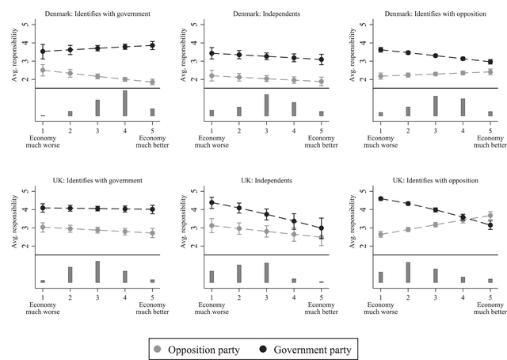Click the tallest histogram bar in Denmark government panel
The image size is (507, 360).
pyautogui.click(x=124, y=104)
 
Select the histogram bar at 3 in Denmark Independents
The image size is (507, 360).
pyautogui.click(x=266, y=105)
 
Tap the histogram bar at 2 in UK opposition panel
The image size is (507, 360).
pyautogui.click(x=408, y=272)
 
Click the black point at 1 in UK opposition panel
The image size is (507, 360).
pyautogui.click(x=381, y=199)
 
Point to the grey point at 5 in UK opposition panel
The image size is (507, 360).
pyautogui.click(x=490, y=216)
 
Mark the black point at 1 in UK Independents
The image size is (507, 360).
pyautogui.click(x=212, y=203)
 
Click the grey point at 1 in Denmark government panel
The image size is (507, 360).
pyautogui.click(x=43, y=70)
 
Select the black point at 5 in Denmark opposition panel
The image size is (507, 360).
pyautogui.click(x=490, y=62)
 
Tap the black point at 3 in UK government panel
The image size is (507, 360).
pyautogui.click(x=97, y=209)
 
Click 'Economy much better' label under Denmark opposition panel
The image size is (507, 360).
pyautogui.click(x=490, y=136)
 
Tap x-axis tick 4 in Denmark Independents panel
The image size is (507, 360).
pyautogui.click(x=294, y=125)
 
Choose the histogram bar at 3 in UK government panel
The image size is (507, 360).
pyautogui.click(x=97, y=272)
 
